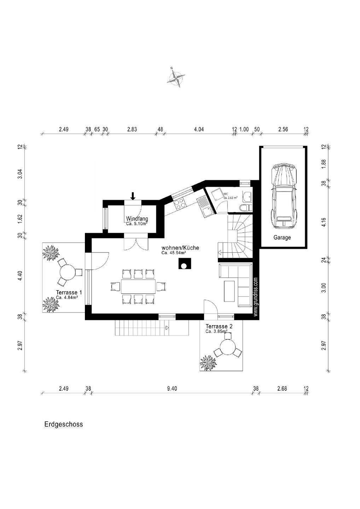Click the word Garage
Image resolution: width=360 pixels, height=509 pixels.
[x=282, y=238]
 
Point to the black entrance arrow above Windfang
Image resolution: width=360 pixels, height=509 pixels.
[x=133, y=195]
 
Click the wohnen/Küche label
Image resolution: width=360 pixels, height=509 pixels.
[x=180, y=248]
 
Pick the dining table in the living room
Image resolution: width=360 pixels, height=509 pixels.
[x=138, y=286]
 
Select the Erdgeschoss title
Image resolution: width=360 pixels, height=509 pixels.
[x=64, y=424]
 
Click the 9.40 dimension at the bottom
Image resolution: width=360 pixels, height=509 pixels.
[x=172, y=388]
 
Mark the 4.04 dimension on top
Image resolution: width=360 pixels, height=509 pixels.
[x=199, y=129]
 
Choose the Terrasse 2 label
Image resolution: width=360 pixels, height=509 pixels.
[x=219, y=326]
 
